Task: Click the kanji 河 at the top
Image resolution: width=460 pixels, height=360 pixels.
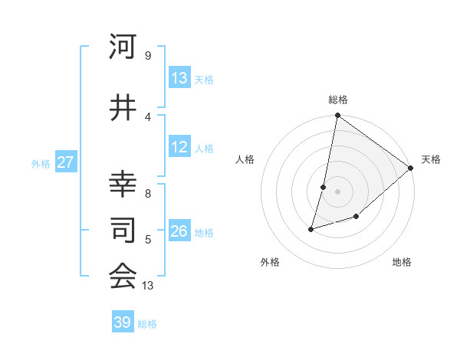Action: coord(123,47)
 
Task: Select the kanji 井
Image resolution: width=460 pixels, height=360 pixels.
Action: coord(123,109)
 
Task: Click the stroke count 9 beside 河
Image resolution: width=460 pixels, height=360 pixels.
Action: coord(148,55)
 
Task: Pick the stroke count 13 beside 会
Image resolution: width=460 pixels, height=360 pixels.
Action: coord(148,286)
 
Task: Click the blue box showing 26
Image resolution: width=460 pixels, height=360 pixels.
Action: coord(179,231)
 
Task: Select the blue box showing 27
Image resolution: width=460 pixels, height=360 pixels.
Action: coord(65,162)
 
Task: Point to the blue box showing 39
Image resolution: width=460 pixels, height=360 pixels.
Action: coord(123,322)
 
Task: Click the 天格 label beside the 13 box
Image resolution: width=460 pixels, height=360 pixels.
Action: coord(204,79)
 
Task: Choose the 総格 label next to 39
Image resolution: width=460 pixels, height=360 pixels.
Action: coord(147,323)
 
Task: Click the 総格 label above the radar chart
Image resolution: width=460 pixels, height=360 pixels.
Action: coord(338,100)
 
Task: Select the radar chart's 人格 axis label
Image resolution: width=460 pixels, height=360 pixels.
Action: coord(245,159)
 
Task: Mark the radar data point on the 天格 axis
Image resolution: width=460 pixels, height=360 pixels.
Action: coord(412,169)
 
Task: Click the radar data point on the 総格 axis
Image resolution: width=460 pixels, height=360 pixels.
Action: coord(337,116)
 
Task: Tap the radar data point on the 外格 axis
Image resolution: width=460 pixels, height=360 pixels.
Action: coord(311,228)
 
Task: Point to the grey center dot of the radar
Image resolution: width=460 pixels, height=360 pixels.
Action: coord(337,191)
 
